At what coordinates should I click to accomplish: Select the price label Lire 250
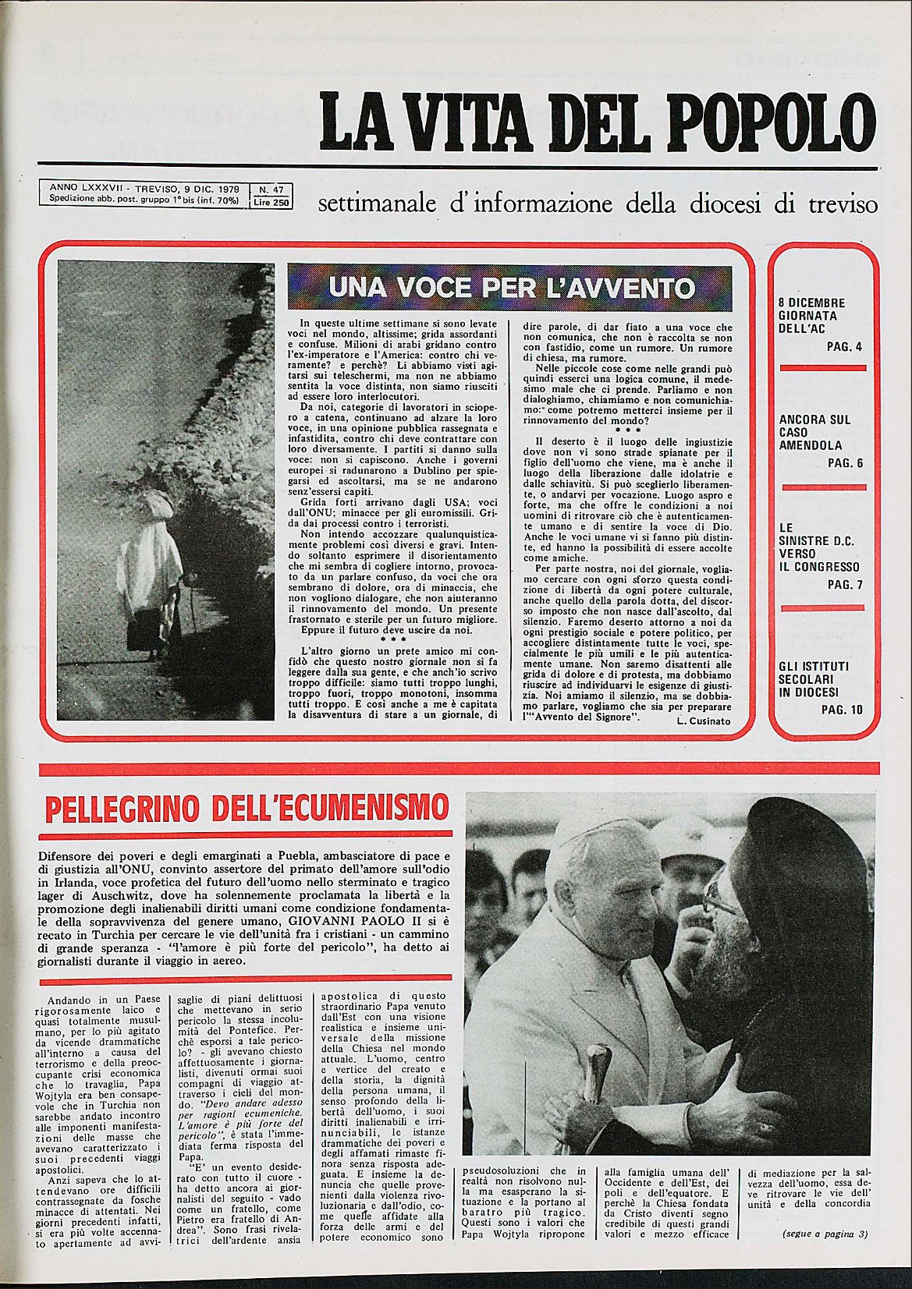tap(270, 202)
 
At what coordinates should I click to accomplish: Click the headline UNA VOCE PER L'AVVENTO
tap(510, 288)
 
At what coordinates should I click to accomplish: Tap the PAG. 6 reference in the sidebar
tap(844, 463)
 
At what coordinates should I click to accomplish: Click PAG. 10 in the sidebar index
tap(842, 710)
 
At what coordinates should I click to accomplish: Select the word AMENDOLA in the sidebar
tap(811, 445)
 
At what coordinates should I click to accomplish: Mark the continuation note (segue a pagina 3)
tap(825, 1234)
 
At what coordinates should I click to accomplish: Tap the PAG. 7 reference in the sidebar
tap(844, 585)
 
